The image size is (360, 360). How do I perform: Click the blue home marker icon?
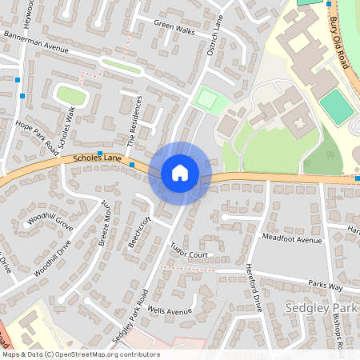click(x=180, y=173)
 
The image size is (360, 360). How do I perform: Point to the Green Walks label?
click(x=174, y=29)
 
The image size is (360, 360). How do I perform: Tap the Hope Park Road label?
click(x=37, y=134)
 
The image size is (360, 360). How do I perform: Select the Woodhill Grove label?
click(x=50, y=222)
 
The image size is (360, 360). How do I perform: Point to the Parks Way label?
click(x=325, y=285)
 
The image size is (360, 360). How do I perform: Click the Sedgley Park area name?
click(x=317, y=307)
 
